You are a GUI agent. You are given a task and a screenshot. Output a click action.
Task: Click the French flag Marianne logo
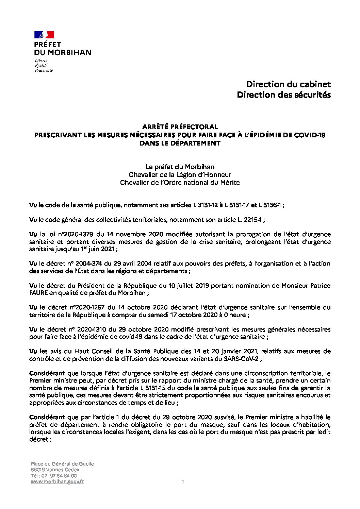(44, 34)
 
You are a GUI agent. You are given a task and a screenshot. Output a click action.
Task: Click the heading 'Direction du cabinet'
(288, 84)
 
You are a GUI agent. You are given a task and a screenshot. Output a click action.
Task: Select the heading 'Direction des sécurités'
(283, 95)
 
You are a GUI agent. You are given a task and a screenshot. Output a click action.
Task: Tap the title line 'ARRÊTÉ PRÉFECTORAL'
(180, 127)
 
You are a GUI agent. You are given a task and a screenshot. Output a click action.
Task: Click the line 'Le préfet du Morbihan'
(180, 167)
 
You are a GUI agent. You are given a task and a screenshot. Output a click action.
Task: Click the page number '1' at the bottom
(183, 481)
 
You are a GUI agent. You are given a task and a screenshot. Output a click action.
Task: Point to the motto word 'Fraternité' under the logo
(44, 70)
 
